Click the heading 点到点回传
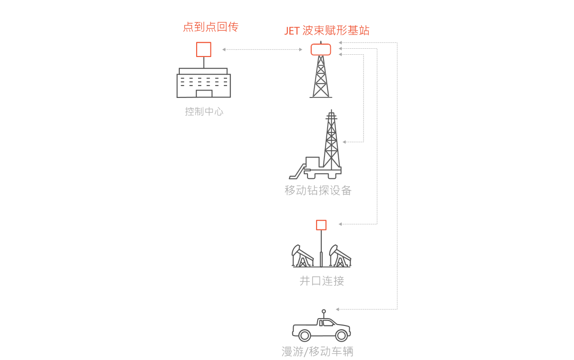(210, 27)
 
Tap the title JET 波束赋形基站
(327, 31)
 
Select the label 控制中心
(204, 111)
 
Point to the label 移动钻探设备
(318, 190)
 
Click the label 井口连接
(322, 280)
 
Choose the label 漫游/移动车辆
(318, 352)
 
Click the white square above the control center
(204, 50)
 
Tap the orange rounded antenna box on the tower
(321, 49)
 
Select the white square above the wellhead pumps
(321, 225)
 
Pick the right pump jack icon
(340, 256)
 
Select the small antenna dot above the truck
(324, 311)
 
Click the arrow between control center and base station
(262, 50)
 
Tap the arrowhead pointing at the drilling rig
(345, 142)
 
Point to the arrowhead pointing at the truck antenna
(339, 309)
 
